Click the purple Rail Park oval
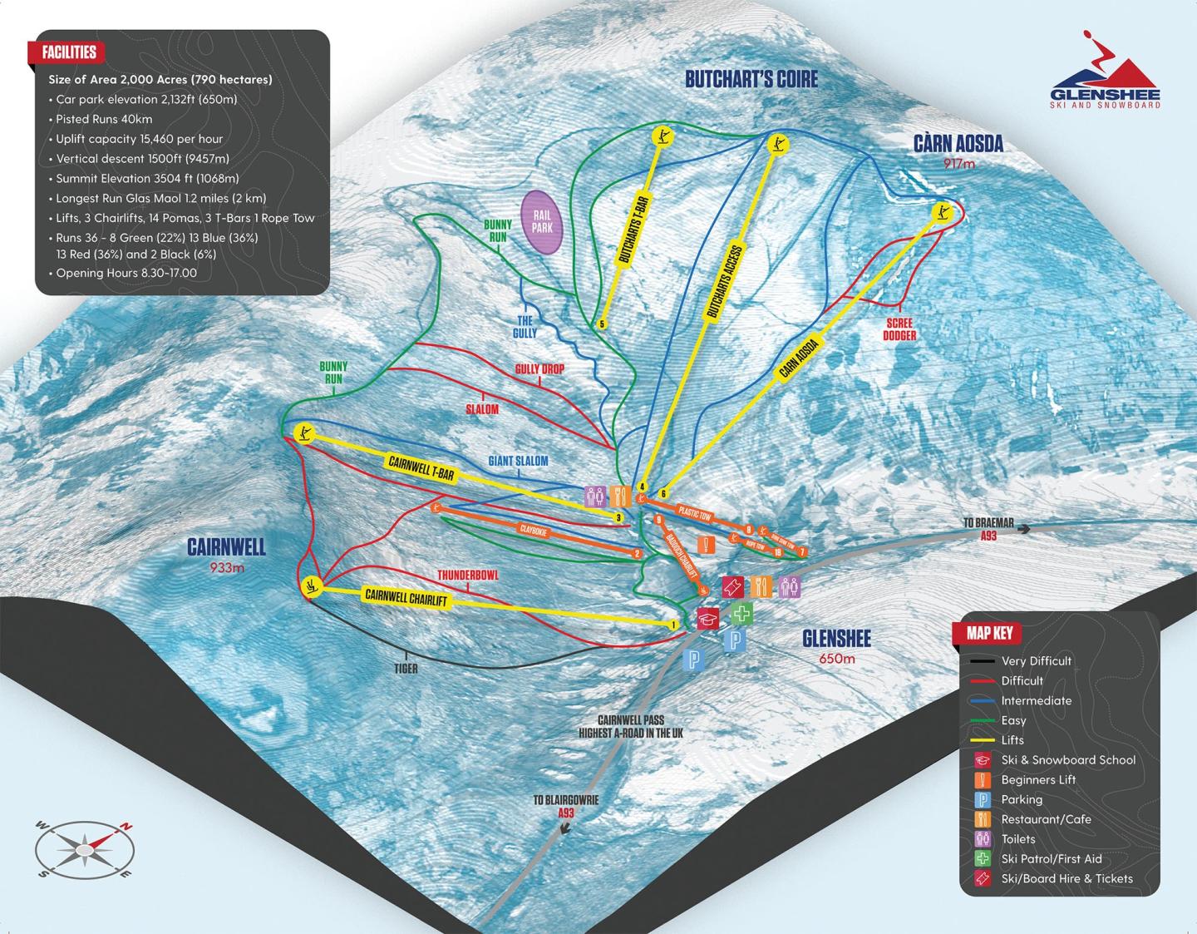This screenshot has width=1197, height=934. click(541, 221)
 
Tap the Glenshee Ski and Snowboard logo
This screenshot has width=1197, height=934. click(1105, 72)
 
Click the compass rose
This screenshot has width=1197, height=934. click(85, 849)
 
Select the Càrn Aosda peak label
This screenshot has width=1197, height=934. click(958, 144)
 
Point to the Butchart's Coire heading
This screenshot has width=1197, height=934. click(751, 79)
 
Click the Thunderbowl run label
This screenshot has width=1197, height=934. click(468, 575)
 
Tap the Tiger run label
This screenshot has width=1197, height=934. click(406, 668)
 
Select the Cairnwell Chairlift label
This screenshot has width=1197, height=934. click(406, 597)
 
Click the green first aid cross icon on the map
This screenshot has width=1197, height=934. click(742, 615)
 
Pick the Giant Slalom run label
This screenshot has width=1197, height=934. click(518, 461)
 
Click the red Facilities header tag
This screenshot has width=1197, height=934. click(70, 52)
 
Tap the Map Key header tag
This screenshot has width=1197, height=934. click(989, 633)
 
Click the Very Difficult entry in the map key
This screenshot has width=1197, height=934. click(1036, 661)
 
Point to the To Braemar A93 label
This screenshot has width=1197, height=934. click(988, 529)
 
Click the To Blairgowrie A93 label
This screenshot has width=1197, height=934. click(565, 806)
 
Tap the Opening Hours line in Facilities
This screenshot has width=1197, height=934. click(126, 273)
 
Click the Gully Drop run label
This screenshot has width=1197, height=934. click(539, 369)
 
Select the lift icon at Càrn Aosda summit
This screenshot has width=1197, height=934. click(942, 212)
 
